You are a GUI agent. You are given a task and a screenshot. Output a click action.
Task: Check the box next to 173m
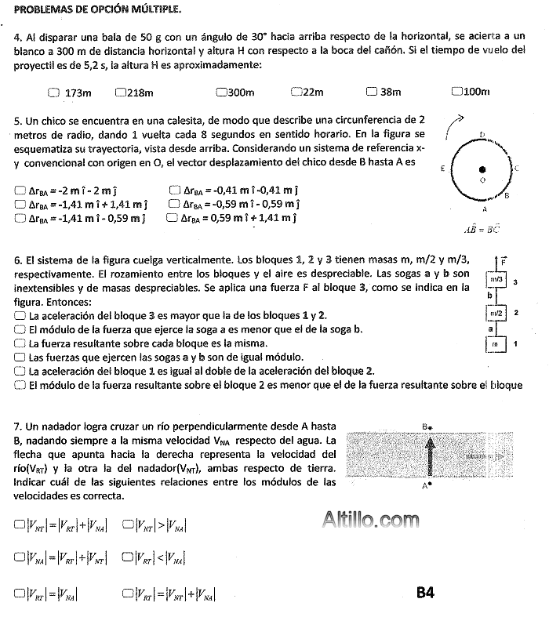point(53,93)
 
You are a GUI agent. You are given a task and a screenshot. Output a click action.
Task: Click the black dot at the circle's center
point(482,169)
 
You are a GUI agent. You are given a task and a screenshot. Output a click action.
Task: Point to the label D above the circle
point(482,134)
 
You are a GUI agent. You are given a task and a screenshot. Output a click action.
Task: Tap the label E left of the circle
point(443,169)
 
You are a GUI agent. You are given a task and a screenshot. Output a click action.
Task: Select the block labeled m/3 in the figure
point(496,280)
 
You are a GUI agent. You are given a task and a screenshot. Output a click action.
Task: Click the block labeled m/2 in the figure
point(496,313)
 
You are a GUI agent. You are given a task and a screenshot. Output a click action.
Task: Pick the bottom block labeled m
point(495,344)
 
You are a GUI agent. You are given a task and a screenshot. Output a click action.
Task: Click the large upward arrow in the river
point(428,455)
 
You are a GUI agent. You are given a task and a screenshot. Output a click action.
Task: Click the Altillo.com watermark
point(370,518)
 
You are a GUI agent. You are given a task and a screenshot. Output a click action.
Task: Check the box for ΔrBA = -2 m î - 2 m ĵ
point(20,190)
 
